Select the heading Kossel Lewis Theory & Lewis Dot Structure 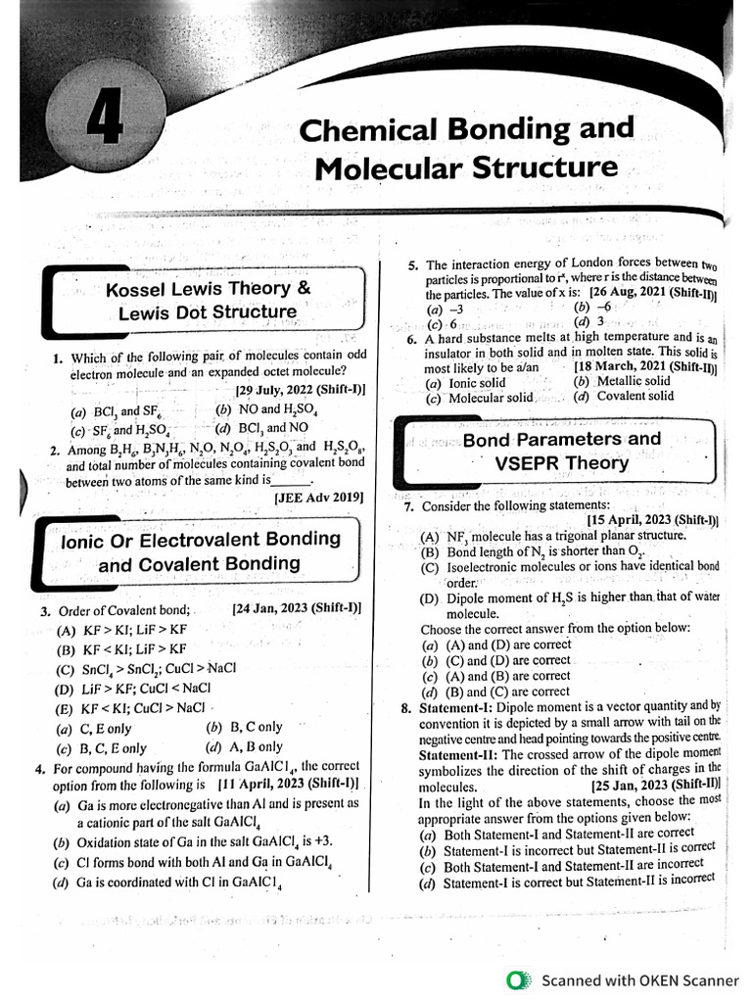point(208,301)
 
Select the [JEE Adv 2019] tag point(318,498)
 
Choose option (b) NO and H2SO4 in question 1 point(258,409)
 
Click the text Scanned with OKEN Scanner point(640,979)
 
